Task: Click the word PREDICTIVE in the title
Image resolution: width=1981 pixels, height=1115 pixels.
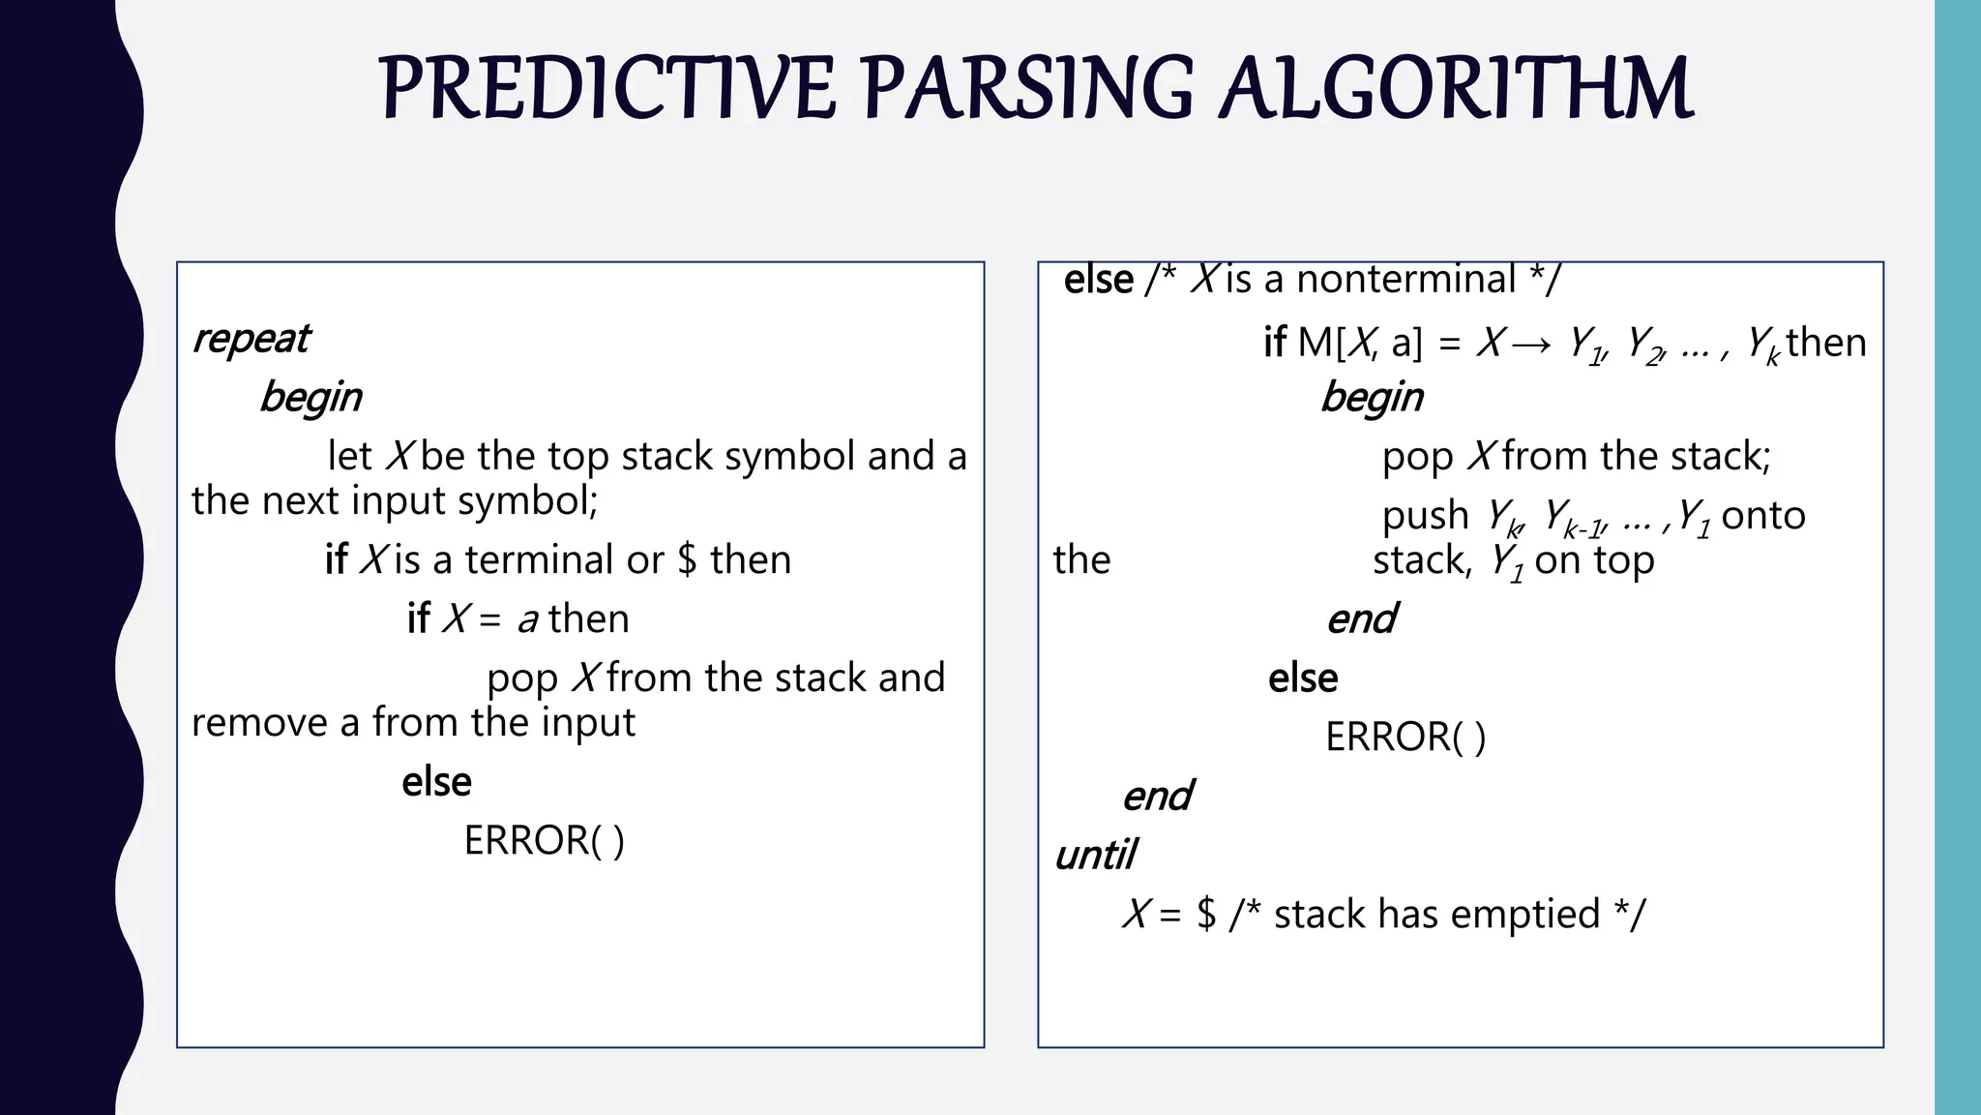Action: click(x=606, y=89)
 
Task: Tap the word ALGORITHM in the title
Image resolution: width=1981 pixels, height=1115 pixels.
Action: click(x=1455, y=89)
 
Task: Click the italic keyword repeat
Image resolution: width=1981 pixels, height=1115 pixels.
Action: click(x=251, y=339)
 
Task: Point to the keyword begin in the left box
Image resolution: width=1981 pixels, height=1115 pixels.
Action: click(x=310, y=398)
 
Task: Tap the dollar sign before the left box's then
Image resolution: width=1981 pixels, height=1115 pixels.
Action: click(x=687, y=560)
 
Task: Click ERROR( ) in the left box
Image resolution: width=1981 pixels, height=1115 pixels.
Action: click(x=544, y=840)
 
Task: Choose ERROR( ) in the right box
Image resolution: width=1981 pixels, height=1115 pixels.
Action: click(x=1404, y=738)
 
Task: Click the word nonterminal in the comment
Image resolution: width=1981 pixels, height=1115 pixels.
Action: click(x=1405, y=280)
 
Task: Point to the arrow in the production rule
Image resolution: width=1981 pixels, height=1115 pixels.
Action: click(x=1530, y=344)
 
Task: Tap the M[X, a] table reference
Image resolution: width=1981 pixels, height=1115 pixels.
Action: click(x=1359, y=344)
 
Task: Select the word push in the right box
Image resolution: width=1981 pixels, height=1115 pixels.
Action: click(x=1425, y=516)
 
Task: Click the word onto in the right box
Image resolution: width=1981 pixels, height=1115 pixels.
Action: click(x=1762, y=516)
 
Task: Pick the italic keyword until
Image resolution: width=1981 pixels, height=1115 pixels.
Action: click(x=1095, y=856)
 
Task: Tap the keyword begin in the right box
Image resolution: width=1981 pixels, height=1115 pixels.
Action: click(x=1372, y=398)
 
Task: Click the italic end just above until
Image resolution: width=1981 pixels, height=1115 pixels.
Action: click(x=1157, y=797)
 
